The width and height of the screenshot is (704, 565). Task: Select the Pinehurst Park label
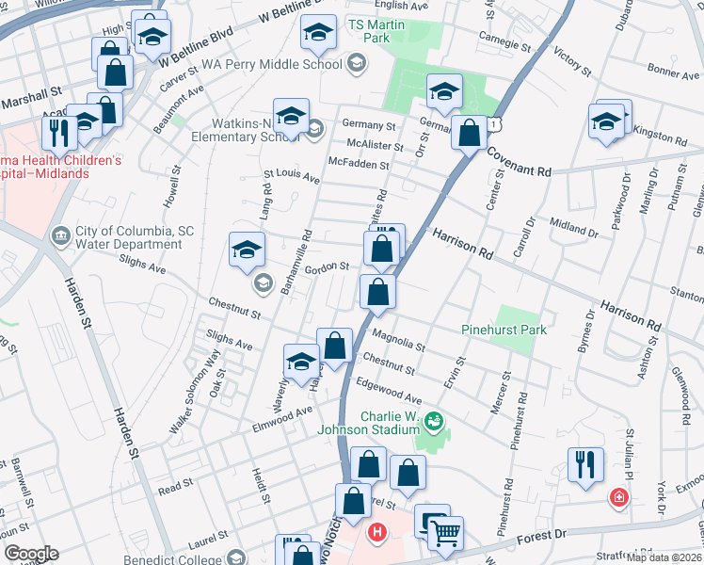[504, 330]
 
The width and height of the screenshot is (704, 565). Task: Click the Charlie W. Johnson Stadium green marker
[434, 420]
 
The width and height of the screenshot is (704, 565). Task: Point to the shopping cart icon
[446, 534]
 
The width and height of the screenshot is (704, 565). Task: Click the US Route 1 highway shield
[481, 122]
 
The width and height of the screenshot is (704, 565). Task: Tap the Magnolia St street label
[399, 334]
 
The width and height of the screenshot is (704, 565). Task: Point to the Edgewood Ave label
[390, 392]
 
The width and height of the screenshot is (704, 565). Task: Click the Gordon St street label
[330, 266]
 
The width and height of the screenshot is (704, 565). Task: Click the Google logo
[30, 554]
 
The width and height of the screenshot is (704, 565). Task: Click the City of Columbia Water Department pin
[61, 234]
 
